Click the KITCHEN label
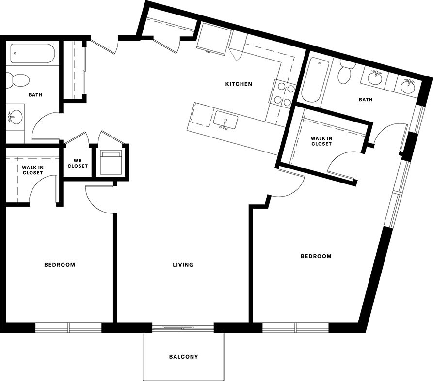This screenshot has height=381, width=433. pyautogui.click(x=239, y=84)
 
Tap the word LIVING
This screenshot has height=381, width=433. pyautogui.click(x=183, y=265)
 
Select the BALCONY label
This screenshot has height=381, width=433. pyautogui.click(x=183, y=357)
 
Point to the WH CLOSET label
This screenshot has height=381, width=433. pyautogui.click(x=78, y=163)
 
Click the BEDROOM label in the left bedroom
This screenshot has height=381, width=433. pyautogui.click(x=60, y=265)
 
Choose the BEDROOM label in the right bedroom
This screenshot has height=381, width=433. pyautogui.click(x=316, y=256)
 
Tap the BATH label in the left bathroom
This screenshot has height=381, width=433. pyautogui.click(x=35, y=95)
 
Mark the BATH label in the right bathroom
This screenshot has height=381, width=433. pyautogui.click(x=366, y=100)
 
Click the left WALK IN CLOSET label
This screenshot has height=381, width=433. pyautogui.click(x=32, y=170)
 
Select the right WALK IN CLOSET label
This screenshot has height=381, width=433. pyautogui.click(x=321, y=141)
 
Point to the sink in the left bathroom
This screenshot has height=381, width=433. pyautogui.click(x=16, y=116)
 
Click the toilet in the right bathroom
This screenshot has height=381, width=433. pyautogui.click(x=345, y=72)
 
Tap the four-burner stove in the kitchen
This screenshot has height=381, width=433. pyautogui.click(x=284, y=93)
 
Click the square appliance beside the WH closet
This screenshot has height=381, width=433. pyautogui.click(x=111, y=161)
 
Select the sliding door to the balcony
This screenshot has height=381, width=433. pyautogui.click(x=183, y=328)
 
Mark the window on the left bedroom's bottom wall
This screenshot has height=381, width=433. pyautogui.click(x=68, y=328)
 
